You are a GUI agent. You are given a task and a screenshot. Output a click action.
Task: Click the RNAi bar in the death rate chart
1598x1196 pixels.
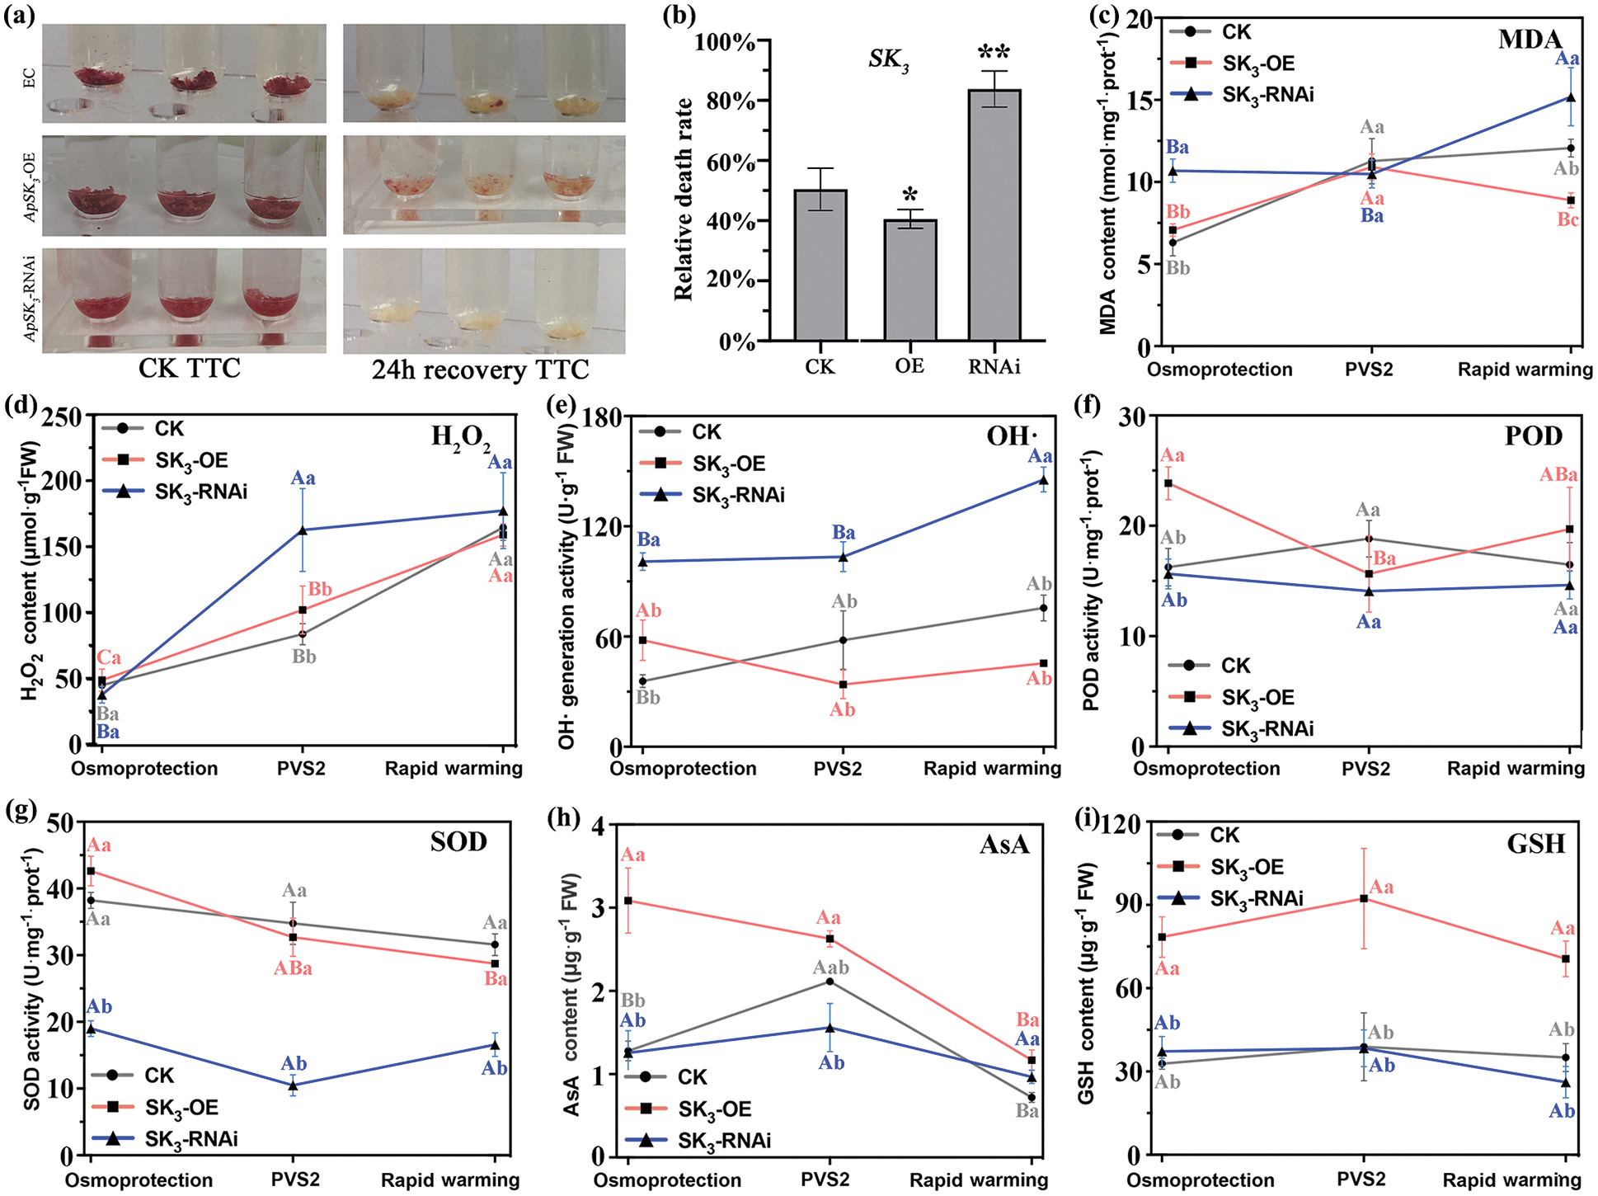tap(994, 214)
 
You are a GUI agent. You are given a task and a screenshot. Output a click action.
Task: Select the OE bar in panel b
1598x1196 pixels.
tap(910, 280)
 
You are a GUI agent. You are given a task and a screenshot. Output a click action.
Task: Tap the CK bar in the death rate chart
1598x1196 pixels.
tap(820, 265)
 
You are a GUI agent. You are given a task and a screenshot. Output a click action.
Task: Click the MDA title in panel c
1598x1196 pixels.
tap(1530, 40)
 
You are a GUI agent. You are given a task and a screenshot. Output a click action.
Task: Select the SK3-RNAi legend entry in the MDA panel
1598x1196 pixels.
tap(1242, 95)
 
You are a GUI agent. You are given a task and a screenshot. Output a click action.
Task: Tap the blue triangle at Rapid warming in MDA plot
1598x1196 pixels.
tap(1570, 97)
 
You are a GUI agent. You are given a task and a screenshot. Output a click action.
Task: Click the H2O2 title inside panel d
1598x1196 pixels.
tap(460, 436)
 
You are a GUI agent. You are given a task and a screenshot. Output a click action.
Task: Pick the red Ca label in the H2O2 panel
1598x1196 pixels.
tap(109, 657)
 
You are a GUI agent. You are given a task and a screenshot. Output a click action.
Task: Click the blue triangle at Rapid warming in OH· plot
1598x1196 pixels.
tap(1043, 480)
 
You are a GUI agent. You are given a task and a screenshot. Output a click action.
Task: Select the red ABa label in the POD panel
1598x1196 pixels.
tap(1558, 475)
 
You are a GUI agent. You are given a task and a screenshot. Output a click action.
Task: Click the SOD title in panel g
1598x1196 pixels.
tap(458, 841)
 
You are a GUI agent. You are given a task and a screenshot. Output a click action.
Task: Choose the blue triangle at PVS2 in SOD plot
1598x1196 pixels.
tap(293, 1085)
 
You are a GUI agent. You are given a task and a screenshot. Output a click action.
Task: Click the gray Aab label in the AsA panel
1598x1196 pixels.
tap(831, 967)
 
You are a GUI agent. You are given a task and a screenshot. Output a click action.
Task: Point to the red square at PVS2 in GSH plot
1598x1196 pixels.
tap(1364, 898)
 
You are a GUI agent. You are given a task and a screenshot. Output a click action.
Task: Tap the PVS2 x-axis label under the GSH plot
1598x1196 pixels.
tap(1361, 1180)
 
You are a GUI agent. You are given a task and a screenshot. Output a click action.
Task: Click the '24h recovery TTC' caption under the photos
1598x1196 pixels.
tap(481, 370)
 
